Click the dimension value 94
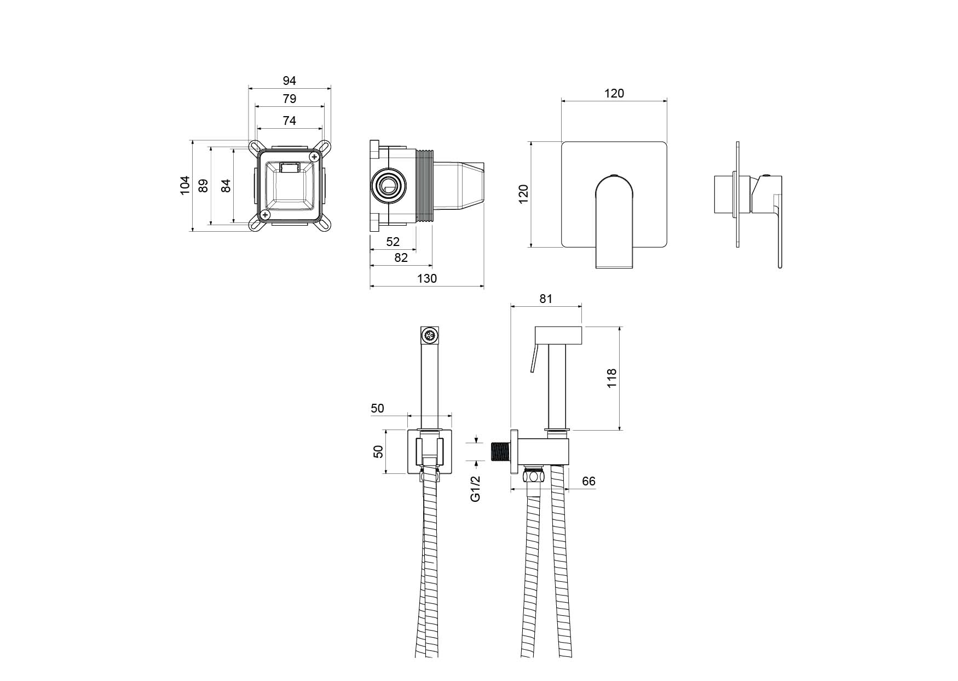point(289,81)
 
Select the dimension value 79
point(289,99)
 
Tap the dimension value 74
point(289,121)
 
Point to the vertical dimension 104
point(185,185)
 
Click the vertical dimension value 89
point(203,185)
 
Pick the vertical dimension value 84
point(226,185)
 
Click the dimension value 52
point(393,242)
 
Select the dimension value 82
point(401,257)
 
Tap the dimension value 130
point(427,278)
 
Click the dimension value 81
point(546,299)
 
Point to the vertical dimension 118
point(612,378)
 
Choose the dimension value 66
point(588,482)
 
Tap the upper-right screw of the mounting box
point(314,157)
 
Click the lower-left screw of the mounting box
point(265,215)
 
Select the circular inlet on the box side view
point(388,186)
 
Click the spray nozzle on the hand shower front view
point(430,335)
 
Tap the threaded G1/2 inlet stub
point(500,453)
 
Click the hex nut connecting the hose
point(534,474)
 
